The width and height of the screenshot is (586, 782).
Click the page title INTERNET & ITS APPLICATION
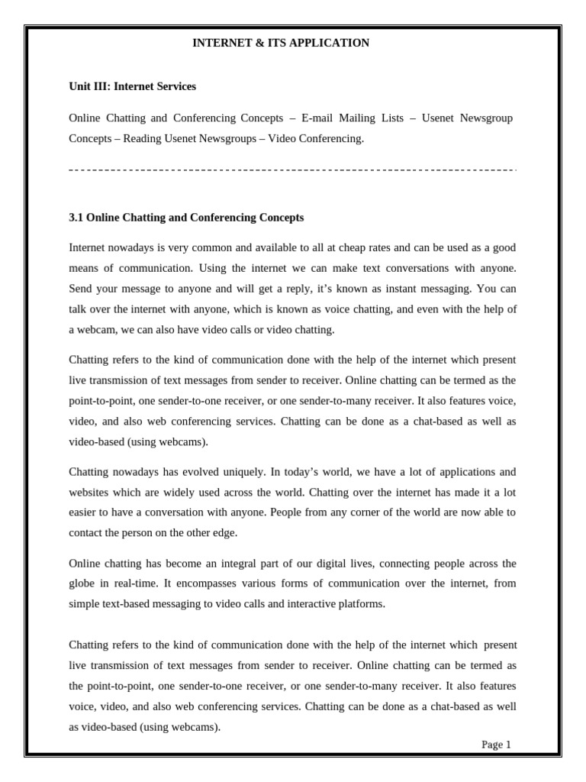click(280, 43)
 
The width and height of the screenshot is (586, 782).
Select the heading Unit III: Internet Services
click(132, 86)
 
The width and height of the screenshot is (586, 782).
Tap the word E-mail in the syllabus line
click(319, 118)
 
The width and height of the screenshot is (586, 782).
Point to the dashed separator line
click(293, 170)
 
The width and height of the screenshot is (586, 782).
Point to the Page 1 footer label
click(496, 745)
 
